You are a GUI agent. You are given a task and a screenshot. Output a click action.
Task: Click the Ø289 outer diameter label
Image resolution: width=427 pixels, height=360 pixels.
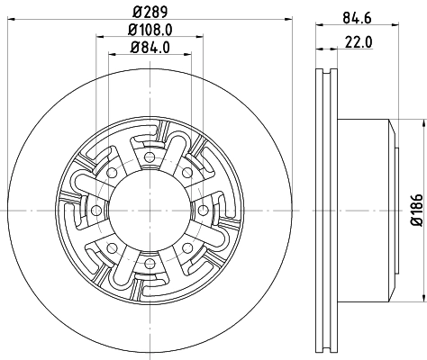click(x=147, y=13)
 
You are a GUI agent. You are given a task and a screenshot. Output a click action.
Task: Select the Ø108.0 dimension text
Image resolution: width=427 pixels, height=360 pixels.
click(x=149, y=31)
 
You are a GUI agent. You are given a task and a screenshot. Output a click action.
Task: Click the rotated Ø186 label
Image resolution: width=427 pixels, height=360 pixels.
click(x=416, y=209)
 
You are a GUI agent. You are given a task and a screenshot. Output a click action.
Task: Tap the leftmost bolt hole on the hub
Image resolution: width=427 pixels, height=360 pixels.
click(x=93, y=210)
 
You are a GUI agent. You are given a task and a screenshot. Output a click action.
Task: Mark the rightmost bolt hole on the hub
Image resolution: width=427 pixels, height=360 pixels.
click(x=201, y=210)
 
